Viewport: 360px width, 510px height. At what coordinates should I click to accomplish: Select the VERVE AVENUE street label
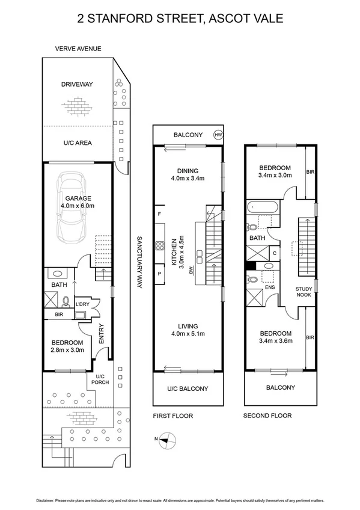(x=78, y=49)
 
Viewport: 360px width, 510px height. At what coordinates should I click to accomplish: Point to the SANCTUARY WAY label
(x=138, y=261)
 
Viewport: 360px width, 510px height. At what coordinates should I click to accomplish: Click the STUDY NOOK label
(x=304, y=292)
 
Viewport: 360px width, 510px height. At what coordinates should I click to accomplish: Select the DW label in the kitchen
(x=192, y=271)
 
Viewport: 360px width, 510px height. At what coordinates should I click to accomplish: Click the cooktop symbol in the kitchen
(x=160, y=245)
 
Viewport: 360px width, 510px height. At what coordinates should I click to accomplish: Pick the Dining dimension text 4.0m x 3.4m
(x=188, y=178)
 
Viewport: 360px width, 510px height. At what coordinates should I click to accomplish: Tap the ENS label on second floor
(x=270, y=287)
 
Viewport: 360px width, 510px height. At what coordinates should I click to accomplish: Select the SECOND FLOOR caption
(x=267, y=416)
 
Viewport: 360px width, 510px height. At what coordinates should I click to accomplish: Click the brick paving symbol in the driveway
(x=76, y=108)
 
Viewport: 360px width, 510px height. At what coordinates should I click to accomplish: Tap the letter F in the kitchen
(x=159, y=215)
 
